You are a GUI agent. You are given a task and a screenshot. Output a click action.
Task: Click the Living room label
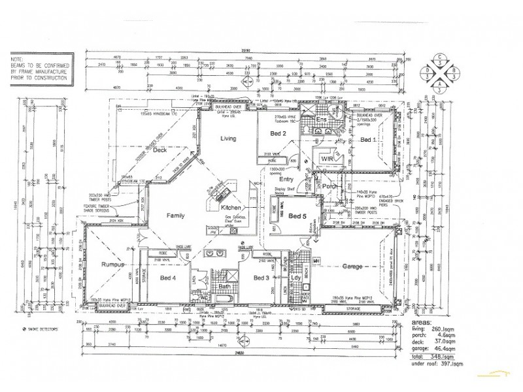(x=228, y=139)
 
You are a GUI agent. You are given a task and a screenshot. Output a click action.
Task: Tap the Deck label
(x=160, y=151)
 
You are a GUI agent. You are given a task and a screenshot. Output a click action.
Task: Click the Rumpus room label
(x=113, y=265)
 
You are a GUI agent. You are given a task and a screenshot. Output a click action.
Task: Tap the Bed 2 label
(x=280, y=134)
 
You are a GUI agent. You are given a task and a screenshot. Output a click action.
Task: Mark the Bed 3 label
(x=262, y=278)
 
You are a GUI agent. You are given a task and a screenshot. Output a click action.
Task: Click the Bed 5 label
(x=297, y=216)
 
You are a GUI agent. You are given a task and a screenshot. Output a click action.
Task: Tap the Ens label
(x=321, y=121)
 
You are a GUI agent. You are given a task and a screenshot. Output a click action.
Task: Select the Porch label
(x=329, y=186)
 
